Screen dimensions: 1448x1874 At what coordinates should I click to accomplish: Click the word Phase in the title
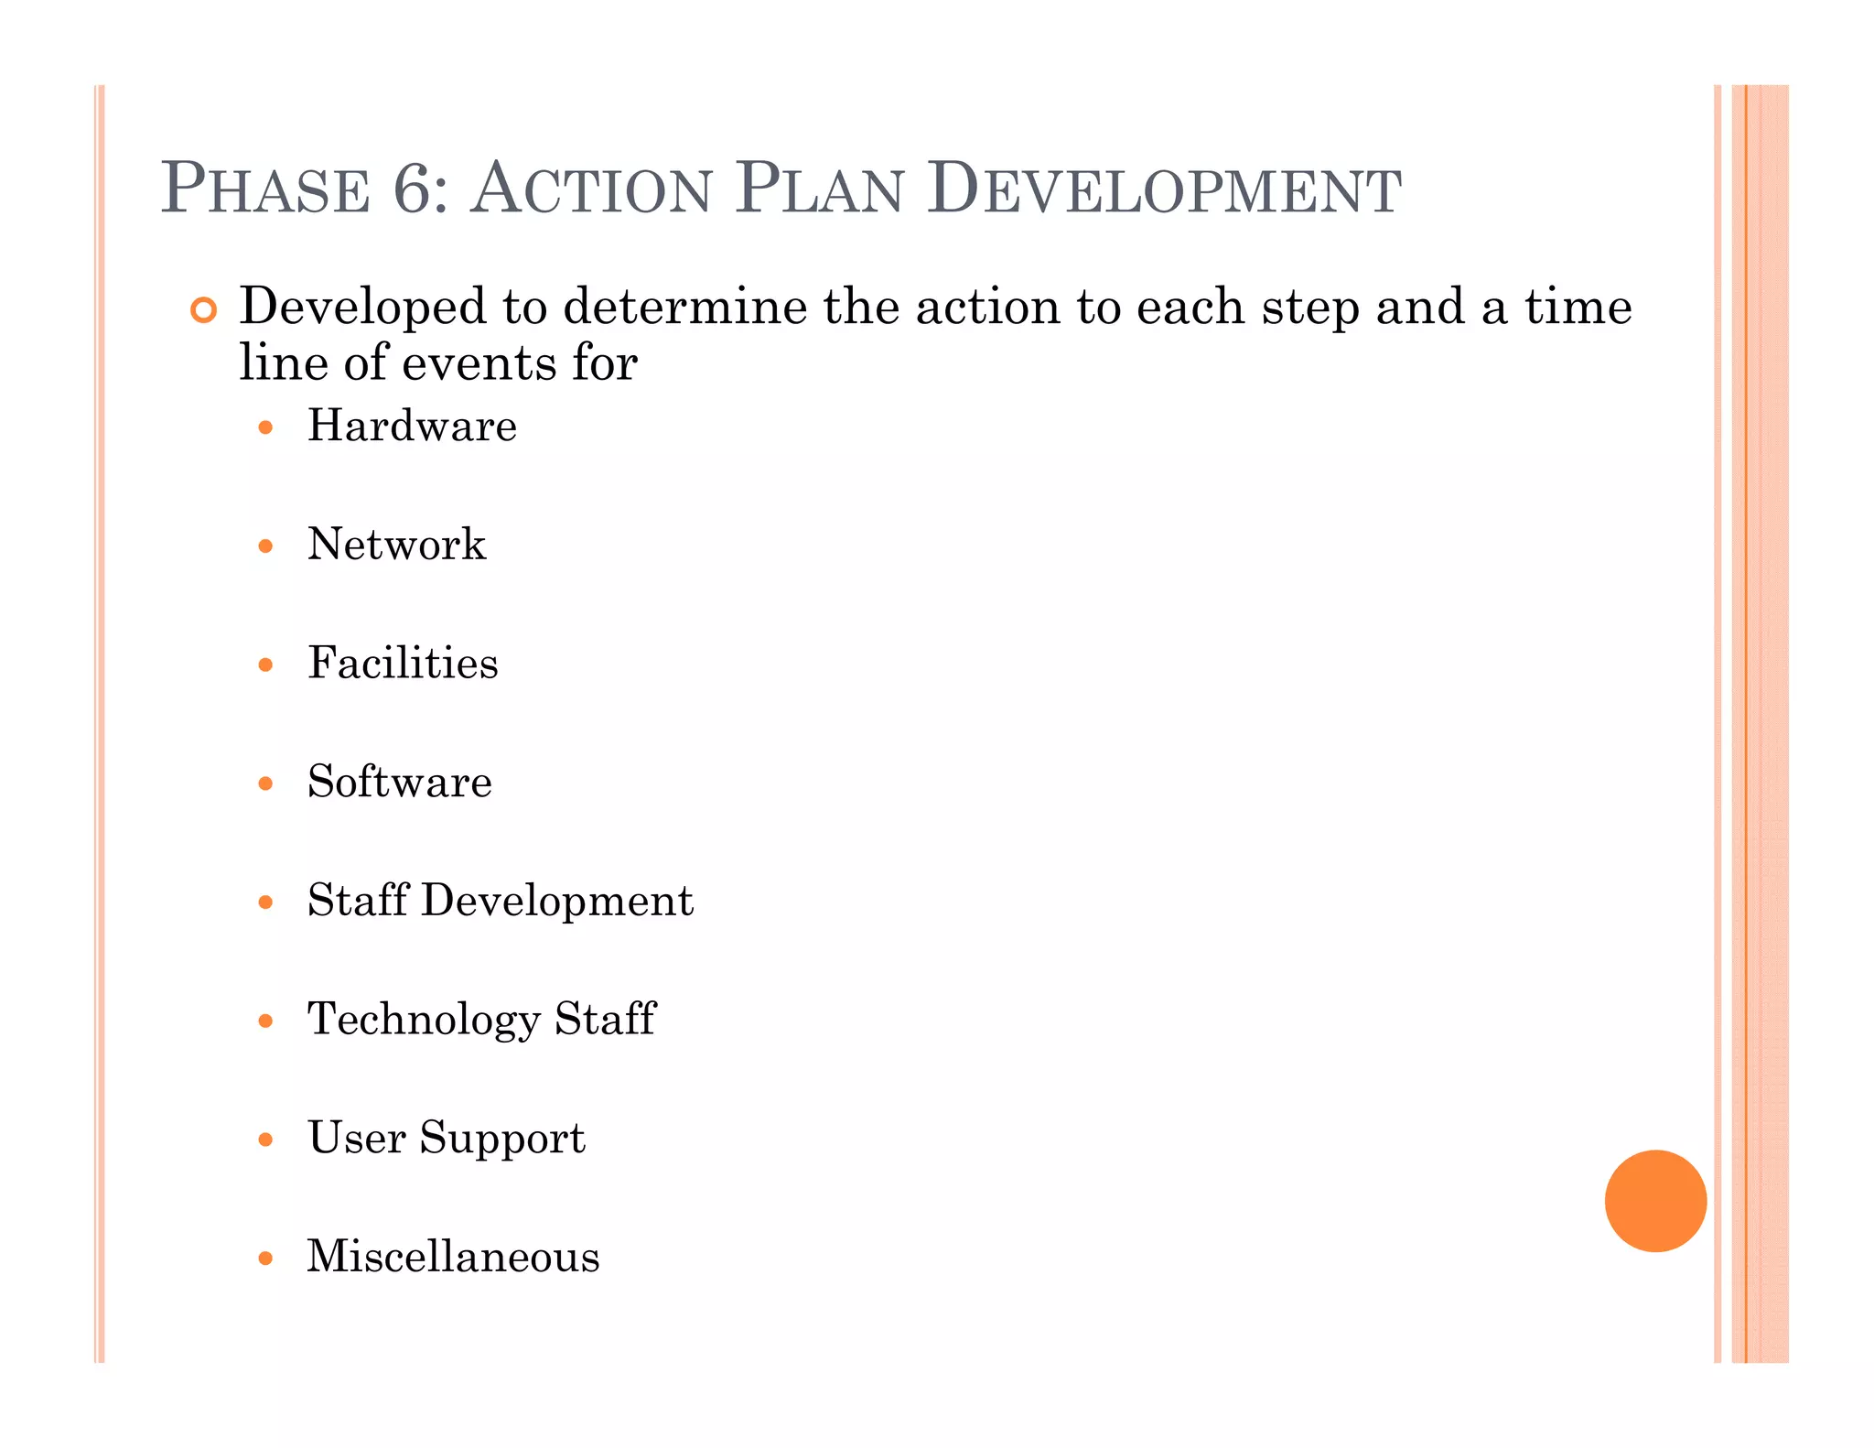pyautogui.click(x=265, y=189)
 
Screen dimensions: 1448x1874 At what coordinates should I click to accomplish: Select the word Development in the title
pyautogui.click(x=1163, y=189)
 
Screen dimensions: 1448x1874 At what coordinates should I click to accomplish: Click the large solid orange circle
pyautogui.click(x=1655, y=1200)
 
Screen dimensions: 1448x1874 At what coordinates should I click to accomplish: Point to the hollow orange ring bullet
pyautogui.click(x=203, y=310)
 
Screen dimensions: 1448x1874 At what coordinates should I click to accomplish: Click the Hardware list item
pyautogui.click(x=412, y=426)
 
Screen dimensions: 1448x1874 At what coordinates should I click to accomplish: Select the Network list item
pyautogui.click(x=396, y=545)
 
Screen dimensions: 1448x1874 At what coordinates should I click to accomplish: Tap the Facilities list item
pyautogui.click(x=403, y=663)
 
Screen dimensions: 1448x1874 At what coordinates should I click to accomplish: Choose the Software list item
pyautogui.click(x=399, y=782)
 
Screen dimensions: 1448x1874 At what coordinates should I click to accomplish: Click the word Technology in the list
pyautogui.click(x=424, y=1020)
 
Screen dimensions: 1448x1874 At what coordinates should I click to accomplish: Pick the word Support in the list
pyautogui.click(x=501, y=1139)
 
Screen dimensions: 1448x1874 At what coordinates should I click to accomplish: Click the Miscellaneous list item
pyautogui.click(x=453, y=1257)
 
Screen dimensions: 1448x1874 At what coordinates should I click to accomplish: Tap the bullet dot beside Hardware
pyautogui.click(x=265, y=427)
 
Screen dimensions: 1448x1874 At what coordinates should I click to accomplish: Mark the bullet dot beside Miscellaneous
pyautogui.click(x=265, y=1259)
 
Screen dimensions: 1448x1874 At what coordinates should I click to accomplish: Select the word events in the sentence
pyautogui.click(x=479, y=362)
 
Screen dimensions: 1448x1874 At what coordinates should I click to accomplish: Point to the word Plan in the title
pyautogui.click(x=819, y=189)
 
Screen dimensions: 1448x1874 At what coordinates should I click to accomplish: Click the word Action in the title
pyautogui.click(x=590, y=189)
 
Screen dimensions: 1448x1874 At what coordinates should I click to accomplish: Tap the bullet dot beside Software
pyautogui.click(x=265, y=783)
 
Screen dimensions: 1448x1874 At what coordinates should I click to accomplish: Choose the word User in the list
pyautogui.click(x=356, y=1138)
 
